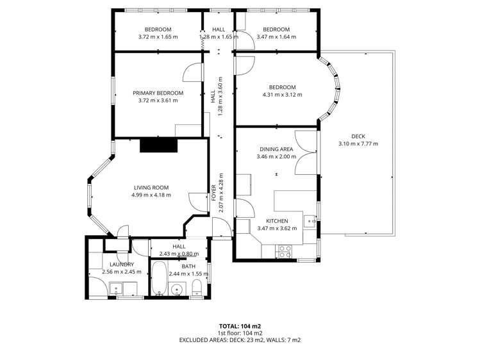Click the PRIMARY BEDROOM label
(x=158, y=93)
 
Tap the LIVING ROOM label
(x=151, y=187)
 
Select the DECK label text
(x=358, y=136)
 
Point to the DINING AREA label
(x=276, y=149)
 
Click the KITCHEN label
(x=276, y=221)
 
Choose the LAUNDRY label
(x=121, y=264)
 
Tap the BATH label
(x=188, y=266)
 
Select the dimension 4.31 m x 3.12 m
(x=282, y=95)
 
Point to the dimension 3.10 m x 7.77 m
(x=358, y=143)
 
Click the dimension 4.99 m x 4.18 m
(x=151, y=195)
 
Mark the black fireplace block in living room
(x=158, y=145)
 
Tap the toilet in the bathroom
(x=197, y=286)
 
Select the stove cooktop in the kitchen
(x=284, y=251)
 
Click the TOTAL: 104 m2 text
(x=240, y=325)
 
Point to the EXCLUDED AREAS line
(x=240, y=340)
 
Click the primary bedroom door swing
(x=192, y=72)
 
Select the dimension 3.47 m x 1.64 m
(x=276, y=37)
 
